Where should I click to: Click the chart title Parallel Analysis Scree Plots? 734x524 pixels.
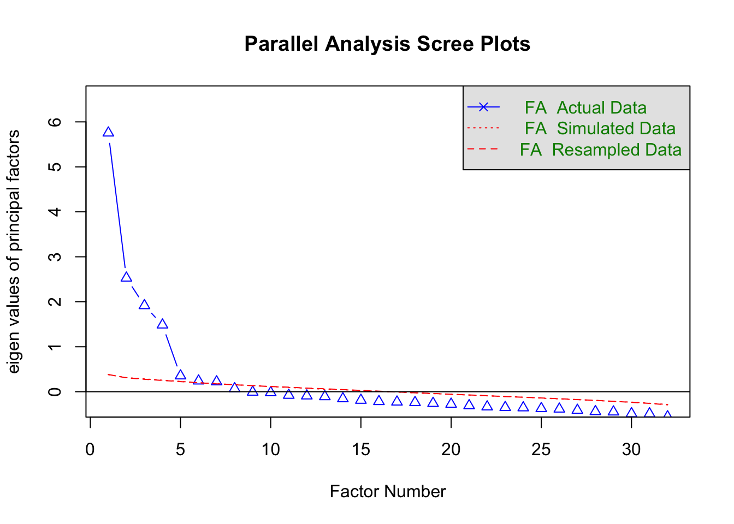pyautogui.click(x=387, y=44)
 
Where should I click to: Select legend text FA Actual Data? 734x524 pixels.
pyautogui.click(x=585, y=108)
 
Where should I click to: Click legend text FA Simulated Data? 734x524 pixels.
pyautogui.click(x=600, y=128)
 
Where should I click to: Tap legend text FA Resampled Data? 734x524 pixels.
pyautogui.click(x=601, y=150)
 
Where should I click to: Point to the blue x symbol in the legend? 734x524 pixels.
pyautogui.click(x=483, y=107)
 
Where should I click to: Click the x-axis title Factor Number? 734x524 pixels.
pyautogui.click(x=388, y=492)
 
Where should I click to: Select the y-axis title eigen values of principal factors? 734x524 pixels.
pyautogui.click(x=14, y=252)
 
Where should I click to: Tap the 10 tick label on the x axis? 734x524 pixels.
pyautogui.click(x=270, y=449)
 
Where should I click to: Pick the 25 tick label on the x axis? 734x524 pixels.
pyautogui.click(x=541, y=449)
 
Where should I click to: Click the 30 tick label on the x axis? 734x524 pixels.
pyautogui.click(x=631, y=449)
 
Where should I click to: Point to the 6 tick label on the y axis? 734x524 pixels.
pyautogui.click(x=55, y=122)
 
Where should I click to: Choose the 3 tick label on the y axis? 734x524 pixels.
pyautogui.click(x=55, y=257)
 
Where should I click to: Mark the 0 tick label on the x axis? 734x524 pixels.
pyautogui.click(x=90, y=449)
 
